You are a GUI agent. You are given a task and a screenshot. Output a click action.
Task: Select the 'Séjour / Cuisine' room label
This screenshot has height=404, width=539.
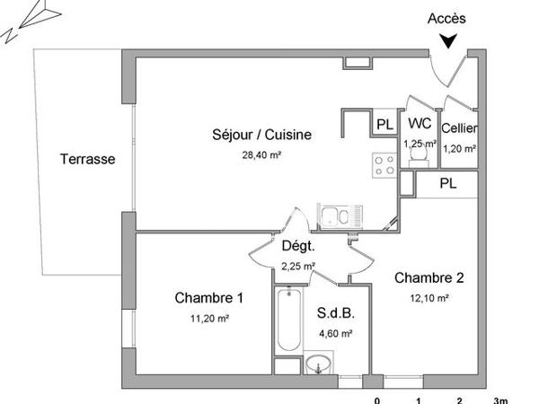pyautogui.click(x=261, y=136)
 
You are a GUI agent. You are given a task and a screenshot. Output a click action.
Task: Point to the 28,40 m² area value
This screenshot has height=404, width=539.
pyautogui.click(x=261, y=154)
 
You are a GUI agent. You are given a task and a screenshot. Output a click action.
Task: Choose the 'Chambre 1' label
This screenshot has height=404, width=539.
pyautogui.click(x=209, y=298)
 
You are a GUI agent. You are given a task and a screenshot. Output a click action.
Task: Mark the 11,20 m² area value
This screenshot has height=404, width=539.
pyautogui.click(x=209, y=318)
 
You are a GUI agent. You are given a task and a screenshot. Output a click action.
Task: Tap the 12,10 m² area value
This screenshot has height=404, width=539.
pyautogui.click(x=429, y=298)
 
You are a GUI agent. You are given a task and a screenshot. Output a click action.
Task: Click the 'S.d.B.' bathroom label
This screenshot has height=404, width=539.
pyautogui.click(x=335, y=314)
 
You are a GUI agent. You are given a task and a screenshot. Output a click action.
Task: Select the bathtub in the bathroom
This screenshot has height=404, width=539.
pyautogui.click(x=287, y=323)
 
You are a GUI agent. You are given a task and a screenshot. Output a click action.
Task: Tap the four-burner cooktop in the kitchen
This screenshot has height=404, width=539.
pyautogui.click(x=384, y=165)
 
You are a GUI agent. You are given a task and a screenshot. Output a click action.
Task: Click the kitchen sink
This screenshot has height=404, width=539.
pyautogui.click(x=340, y=216)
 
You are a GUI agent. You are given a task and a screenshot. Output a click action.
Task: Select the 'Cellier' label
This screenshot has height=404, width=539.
pyautogui.click(x=459, y=129)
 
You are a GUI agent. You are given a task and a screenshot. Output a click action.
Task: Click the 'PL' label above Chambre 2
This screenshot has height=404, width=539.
pyautogui.click(x=446, y=183)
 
